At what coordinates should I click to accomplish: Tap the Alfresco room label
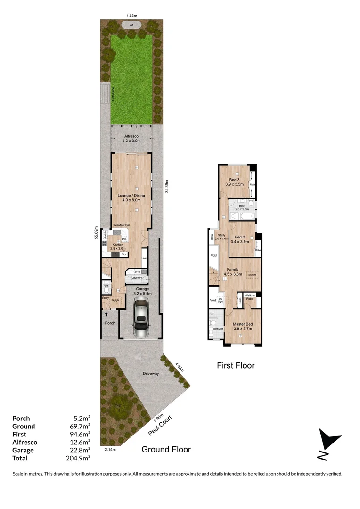click(x=131, y=137)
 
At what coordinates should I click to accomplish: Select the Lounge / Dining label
click(x=131, y=195)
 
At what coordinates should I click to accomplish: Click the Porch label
click(x=110, y=323)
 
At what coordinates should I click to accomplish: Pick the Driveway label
click(x=151, y=374)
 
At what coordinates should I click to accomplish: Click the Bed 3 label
click(x=235, y=180)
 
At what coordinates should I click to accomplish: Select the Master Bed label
click(x=242, y=324)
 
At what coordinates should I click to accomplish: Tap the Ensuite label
click(x=218, y=329)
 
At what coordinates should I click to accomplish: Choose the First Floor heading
click(x=236, y=365)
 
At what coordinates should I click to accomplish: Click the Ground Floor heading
click(x=166, y=449)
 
